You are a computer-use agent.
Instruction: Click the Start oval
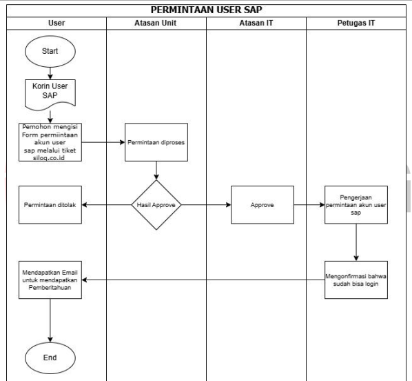point(50,51)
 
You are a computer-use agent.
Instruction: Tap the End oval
point(50,358)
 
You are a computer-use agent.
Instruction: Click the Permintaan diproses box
point(156,142)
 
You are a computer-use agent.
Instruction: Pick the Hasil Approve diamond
point(156,205)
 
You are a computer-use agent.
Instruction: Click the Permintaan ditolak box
point(50,205)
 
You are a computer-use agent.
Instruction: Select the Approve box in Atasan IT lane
point(262,205)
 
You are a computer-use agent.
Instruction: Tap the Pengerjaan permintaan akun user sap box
point(356,205)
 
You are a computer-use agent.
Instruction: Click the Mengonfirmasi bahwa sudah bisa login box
point(356,280)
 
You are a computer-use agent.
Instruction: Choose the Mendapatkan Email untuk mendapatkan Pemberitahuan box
point(50,280)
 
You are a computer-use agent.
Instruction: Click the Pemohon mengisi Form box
point(50,142)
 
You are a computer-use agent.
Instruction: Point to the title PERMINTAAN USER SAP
point(207,10)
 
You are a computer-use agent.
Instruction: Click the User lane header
point(56,23)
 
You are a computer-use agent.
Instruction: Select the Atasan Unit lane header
point(156,23)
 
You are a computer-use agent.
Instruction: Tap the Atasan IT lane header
point(256,23)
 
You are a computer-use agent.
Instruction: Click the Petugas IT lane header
point(356,23)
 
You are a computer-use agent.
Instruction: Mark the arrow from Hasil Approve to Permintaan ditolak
point(107,205)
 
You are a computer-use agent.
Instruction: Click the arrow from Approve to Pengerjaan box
point(309,205)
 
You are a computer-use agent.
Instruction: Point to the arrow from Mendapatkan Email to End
point(50,320)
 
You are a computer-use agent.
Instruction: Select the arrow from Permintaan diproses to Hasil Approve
point(156,170)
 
